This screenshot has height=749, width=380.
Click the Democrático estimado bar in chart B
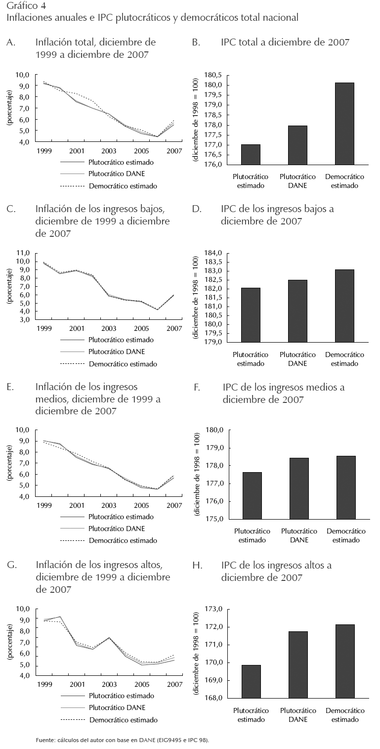tap(344, 124)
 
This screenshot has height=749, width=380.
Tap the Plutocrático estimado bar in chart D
tap(251, 314)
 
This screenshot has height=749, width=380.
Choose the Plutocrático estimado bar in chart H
tap(251, 681)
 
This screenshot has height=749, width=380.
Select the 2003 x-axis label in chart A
tap(108, 150)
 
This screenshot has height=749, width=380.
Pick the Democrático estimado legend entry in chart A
tap(123, 186)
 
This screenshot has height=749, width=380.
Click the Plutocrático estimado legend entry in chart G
tap(121, 696)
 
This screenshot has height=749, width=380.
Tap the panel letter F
tap(197, 387)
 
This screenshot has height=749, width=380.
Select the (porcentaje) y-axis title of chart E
tap(9, 463)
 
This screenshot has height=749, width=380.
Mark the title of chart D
tap(277, 215)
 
